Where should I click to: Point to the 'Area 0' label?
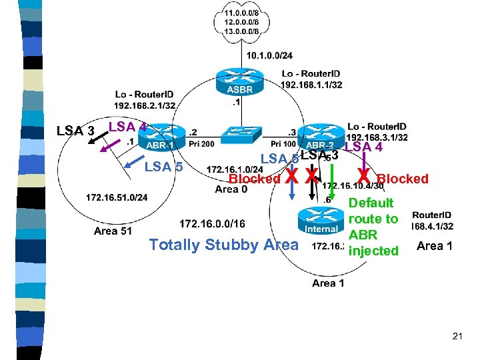click(x=231, y=189)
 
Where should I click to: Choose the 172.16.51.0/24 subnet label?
click(x=117, y=197)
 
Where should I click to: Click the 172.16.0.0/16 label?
click(x=212, y=223)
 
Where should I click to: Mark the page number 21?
click(x=457, y=337)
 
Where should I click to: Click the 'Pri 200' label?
click(x=202, y=144)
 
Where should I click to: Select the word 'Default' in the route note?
click(x=371, y=203)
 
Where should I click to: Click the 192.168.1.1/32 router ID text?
click(x=311, y=85)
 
